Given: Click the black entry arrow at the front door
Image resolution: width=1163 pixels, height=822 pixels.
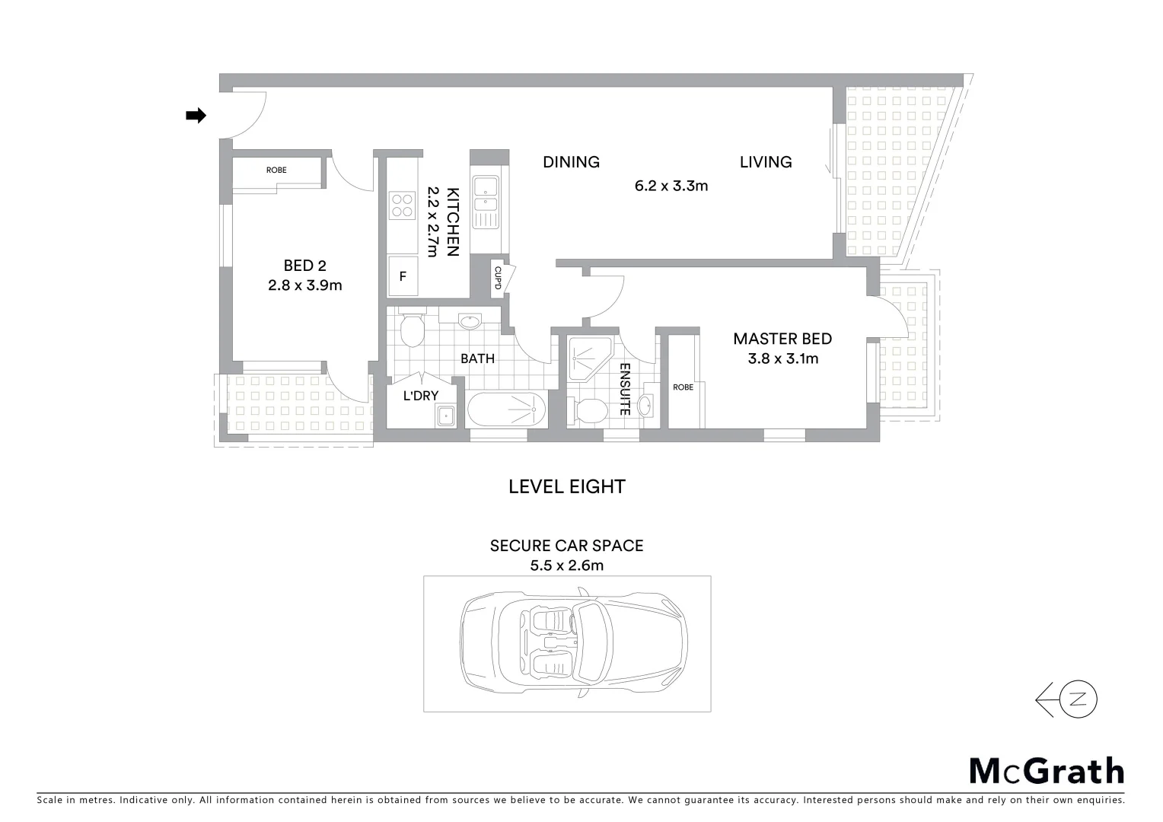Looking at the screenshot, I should click(196, 116).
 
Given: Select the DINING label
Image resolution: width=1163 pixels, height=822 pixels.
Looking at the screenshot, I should click(571, 162).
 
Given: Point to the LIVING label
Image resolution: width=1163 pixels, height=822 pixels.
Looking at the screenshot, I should click(766, 162).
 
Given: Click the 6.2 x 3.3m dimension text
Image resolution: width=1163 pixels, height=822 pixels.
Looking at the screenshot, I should click(671, 186).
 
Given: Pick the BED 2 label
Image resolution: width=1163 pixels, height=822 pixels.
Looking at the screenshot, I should click(304, 266).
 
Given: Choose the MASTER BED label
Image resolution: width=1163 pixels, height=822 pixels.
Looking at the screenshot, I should click(782, 339).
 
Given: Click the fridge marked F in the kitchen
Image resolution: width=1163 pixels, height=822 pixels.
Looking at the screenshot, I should click(403, 277).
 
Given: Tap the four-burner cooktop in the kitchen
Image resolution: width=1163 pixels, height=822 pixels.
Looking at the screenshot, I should click(401, 204).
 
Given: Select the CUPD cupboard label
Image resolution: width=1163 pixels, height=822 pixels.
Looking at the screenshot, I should click(497, 278).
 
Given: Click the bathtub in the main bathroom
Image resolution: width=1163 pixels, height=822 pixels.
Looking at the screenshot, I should click(506, 410).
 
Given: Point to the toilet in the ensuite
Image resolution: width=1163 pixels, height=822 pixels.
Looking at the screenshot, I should click(589, 411).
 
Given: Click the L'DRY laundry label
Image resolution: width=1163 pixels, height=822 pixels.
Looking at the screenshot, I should click(420, 396).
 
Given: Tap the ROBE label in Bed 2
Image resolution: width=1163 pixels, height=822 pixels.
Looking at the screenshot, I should click(276, 170).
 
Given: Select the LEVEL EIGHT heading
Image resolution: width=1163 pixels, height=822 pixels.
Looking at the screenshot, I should click(567, 487).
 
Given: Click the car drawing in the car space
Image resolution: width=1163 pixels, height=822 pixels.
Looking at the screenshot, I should click(574, 643).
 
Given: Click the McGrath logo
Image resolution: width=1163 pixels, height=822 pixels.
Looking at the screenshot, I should click(1047, 771).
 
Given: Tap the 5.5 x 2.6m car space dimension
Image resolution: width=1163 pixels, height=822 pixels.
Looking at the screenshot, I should click(567, 566).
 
